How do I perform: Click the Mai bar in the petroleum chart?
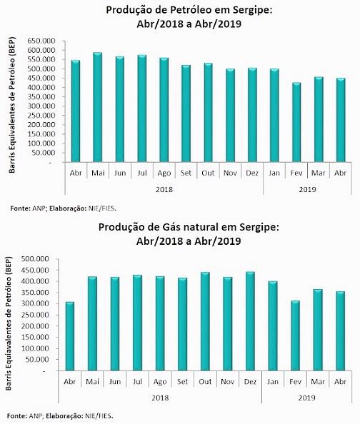(97, 107)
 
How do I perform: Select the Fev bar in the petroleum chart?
(296, 122)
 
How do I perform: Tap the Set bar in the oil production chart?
(186, 113)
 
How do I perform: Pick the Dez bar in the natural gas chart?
(250, 321)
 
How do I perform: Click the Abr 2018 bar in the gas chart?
(69, 336)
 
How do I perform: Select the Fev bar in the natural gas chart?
(295, 335)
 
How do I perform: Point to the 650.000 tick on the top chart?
(41, 41)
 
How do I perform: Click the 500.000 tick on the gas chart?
(35, 259)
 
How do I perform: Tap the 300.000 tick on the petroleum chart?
(41, 106)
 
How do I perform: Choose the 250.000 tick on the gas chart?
(35, 315)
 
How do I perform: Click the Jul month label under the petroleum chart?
(142, 173)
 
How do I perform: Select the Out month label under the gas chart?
(205, 382)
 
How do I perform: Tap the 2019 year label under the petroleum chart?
(307, 189)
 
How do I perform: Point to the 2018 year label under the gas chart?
(160, 398)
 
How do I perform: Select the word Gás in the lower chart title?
(171, 227)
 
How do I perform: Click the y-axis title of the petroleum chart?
(12, 105)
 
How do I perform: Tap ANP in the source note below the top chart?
(37, 208)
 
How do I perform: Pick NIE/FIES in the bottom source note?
(99, 415)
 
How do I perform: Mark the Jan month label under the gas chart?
(273, 382)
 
